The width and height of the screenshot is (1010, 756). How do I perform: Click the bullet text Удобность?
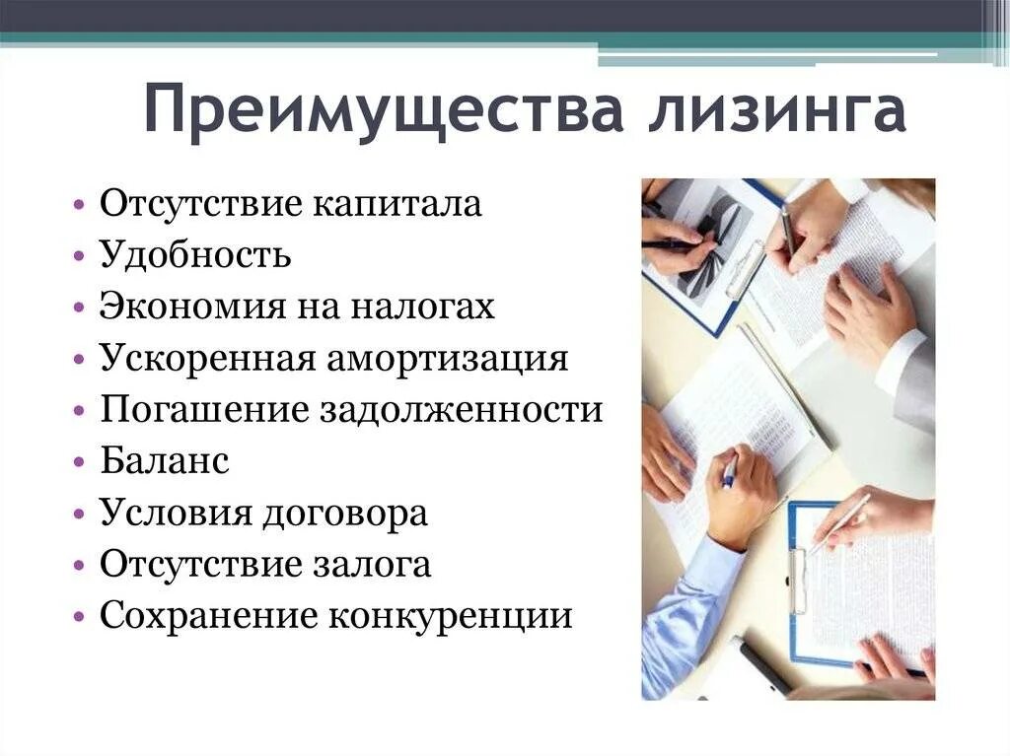195,255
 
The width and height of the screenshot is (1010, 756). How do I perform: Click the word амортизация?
454,358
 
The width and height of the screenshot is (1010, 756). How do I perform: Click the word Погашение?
202,409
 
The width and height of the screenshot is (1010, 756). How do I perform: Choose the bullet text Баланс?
165,461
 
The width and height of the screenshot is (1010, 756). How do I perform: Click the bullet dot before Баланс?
79,462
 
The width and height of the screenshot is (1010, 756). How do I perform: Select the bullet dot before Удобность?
79,256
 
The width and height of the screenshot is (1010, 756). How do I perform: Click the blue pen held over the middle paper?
728,470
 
